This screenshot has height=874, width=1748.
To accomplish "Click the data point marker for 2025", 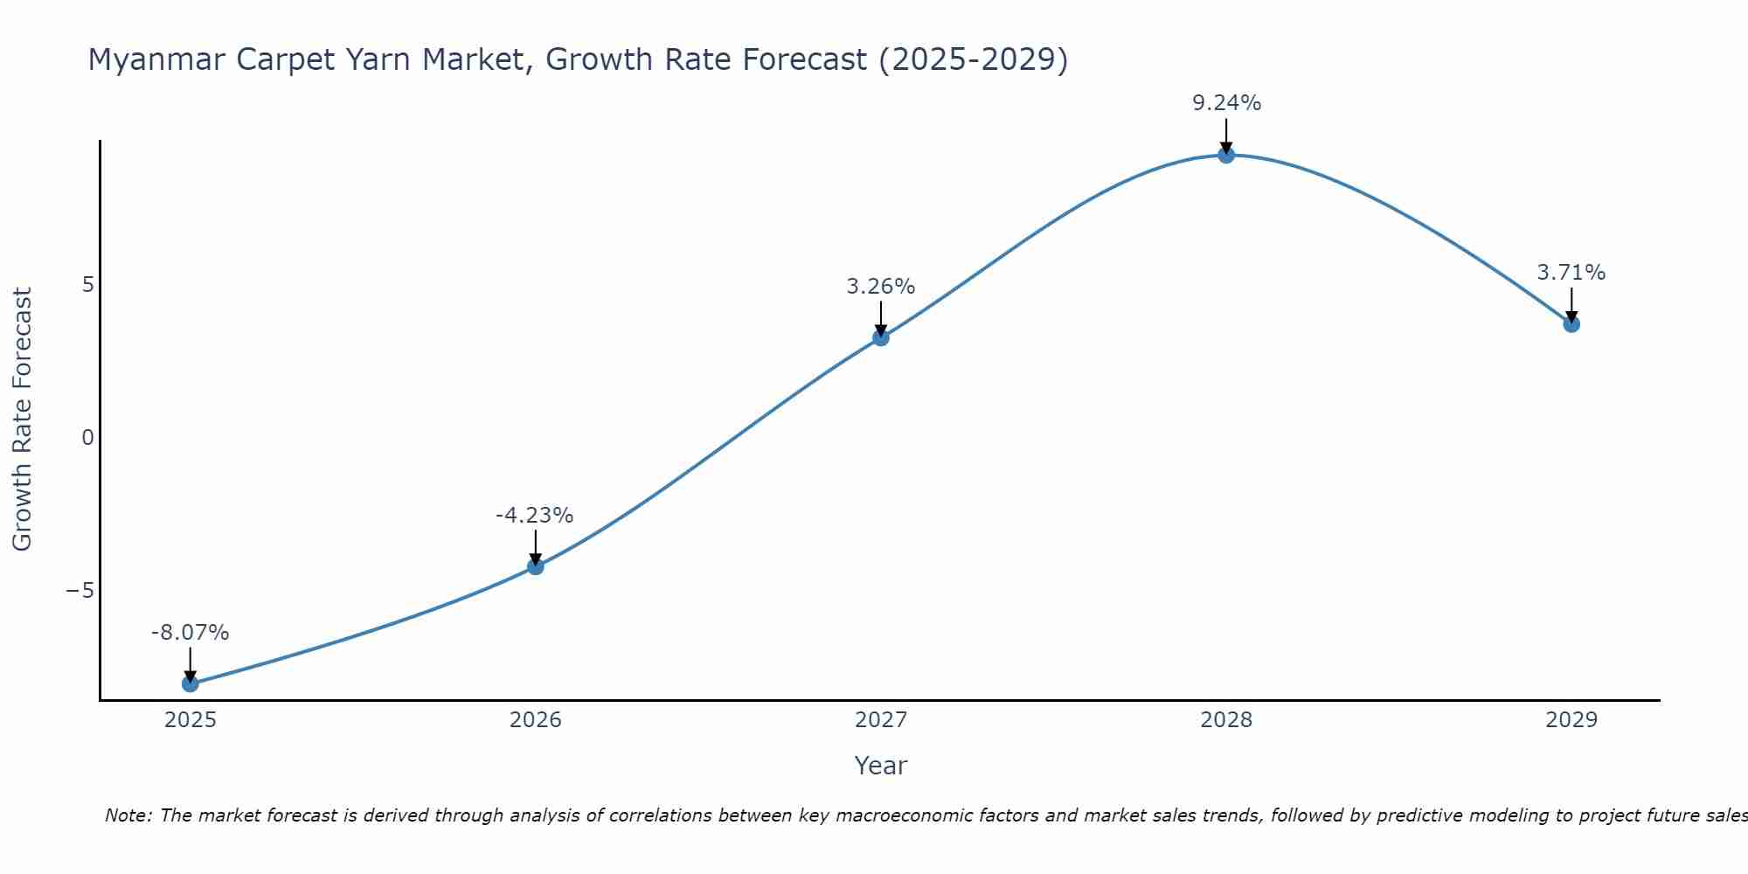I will coord(191,683).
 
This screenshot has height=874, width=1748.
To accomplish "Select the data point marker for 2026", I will coord(536,566).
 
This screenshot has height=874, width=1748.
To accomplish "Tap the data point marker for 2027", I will coord(881,337).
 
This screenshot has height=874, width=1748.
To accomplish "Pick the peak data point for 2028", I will coord(1226,156).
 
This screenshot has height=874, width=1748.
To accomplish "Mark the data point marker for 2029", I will coord(1571,324).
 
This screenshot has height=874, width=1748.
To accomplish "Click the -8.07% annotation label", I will coord(191,633).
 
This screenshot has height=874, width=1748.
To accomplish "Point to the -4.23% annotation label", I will coord(535,516).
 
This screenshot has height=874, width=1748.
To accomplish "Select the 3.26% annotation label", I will coord(881,287).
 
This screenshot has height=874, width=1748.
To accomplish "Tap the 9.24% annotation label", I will coord(1227,103).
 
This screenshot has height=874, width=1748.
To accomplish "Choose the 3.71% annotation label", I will coord(1571,273).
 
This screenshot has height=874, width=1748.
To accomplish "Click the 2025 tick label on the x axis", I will coord(191,720).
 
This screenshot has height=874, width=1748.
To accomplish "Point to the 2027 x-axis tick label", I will coord(881,720).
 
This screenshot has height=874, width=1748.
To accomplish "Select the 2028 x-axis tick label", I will coord(1226,720).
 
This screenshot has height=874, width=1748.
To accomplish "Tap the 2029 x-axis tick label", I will coord(1571,720).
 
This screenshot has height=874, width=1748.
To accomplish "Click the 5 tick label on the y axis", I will coord(87,285).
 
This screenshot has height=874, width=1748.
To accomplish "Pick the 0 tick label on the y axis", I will coord(87,438).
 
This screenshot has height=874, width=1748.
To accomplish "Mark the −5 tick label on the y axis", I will coord(80,591).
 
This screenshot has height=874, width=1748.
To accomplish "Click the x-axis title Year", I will coord(881,766).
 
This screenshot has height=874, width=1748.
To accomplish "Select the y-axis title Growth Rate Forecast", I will coord(22,420).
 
